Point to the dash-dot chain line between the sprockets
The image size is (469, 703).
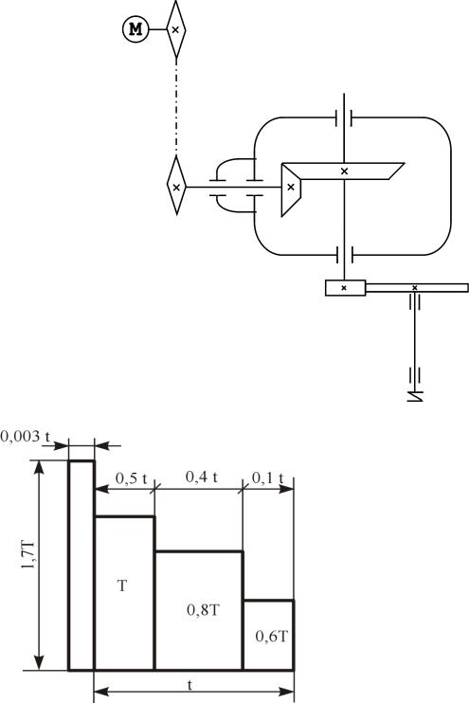point(176,107)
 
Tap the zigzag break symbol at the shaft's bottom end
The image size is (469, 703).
point(415,396)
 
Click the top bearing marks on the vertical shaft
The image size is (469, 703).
point(344,118)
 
